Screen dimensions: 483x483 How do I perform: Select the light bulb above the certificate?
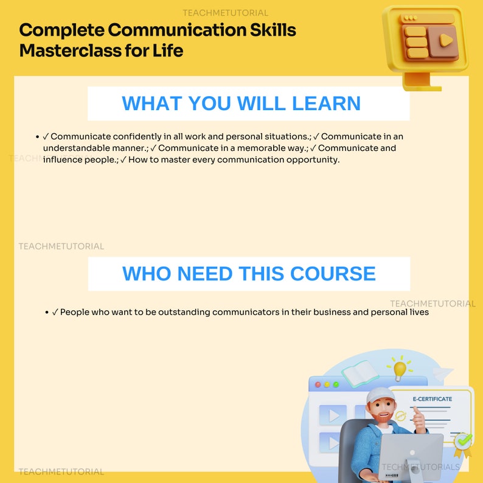click(400, 368)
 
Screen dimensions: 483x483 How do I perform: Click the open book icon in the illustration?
click(360, 373)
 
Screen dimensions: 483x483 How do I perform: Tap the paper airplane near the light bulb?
click(443, 372)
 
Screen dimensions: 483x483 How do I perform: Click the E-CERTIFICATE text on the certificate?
click(433, 399)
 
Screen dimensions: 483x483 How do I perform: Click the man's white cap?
click(380, 396)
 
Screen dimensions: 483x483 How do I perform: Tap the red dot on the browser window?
click(318, 384)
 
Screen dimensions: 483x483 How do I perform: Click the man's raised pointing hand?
click(419, 414)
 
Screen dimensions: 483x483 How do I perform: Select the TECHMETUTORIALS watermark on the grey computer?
click(420, 467)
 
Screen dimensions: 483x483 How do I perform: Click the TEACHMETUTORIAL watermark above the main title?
click(225, 13)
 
